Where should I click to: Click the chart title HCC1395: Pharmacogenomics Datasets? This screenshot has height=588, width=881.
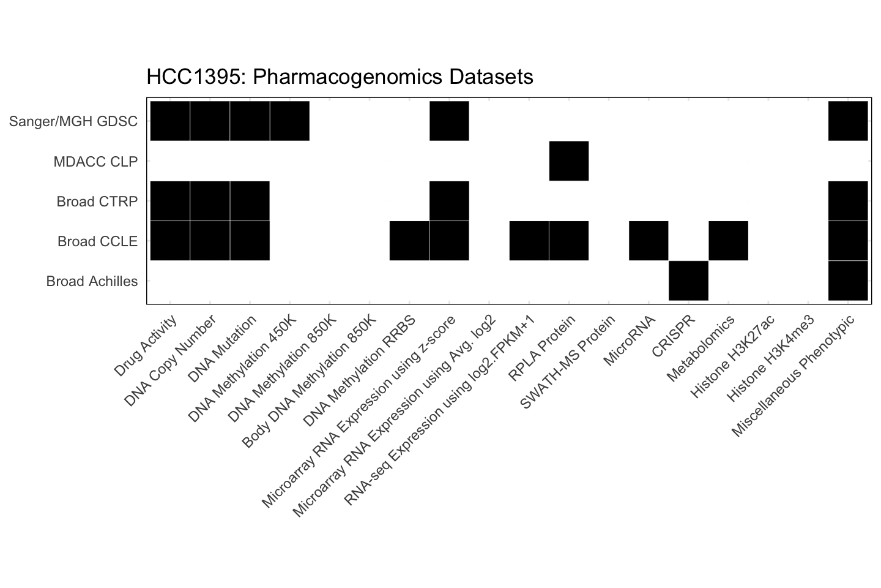click(340, 77)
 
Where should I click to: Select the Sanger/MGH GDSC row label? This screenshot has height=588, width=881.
click(73, 121)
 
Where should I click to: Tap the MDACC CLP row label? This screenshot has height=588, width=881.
click(95, 162)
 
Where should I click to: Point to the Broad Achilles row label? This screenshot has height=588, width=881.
click(92, 281)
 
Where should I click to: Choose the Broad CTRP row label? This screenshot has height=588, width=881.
click(97, 202)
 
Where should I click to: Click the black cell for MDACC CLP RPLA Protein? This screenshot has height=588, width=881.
click(569, 161)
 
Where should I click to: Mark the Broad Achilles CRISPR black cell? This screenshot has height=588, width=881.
click(688, 281)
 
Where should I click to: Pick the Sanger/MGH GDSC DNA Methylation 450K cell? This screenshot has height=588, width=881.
click(289, 121)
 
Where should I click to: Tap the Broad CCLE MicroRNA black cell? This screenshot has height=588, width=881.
click(649, 241)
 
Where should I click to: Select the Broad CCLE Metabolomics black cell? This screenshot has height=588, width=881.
click(728, 241)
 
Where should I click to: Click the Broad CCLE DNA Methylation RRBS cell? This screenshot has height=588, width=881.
click(409, 241)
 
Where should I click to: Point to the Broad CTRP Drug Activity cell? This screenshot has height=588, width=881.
click(170, 201)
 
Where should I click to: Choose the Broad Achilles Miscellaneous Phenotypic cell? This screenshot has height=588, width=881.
click(848, 281)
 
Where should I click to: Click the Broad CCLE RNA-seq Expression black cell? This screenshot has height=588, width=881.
click(529, 241)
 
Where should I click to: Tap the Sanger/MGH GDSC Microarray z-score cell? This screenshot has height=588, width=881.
click(449, 121)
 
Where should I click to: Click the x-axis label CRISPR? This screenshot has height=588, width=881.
click(674, 336)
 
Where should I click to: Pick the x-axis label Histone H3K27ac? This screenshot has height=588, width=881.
click(732, 356)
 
